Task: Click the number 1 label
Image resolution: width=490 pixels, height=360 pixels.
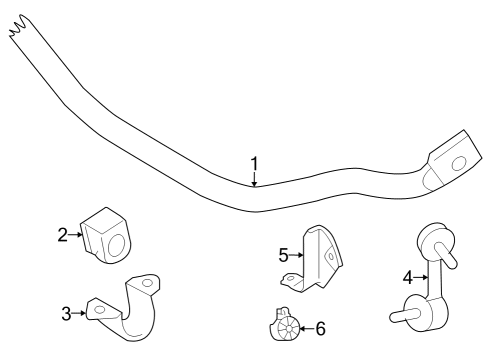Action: (254, 163)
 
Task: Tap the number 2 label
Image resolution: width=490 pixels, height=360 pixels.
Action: (62, 235)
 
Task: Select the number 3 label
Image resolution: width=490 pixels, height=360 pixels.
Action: (67, 314)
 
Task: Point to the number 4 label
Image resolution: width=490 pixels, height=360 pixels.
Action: (407, 277)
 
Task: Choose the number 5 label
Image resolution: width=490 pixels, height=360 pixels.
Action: (283, 255)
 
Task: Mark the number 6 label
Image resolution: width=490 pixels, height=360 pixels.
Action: (320, 327)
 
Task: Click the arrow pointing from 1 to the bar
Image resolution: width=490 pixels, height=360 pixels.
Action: (254, 179)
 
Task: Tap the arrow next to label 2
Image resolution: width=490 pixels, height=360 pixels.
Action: (76, 235)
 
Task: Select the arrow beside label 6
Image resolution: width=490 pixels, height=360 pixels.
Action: (305, 326)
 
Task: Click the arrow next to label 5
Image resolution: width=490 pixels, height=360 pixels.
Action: (297, 256)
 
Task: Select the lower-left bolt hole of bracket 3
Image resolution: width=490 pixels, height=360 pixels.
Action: (98, 312)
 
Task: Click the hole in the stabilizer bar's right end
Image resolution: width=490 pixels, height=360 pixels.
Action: (460, 163)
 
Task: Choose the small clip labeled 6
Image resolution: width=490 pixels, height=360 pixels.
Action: (284, 324)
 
